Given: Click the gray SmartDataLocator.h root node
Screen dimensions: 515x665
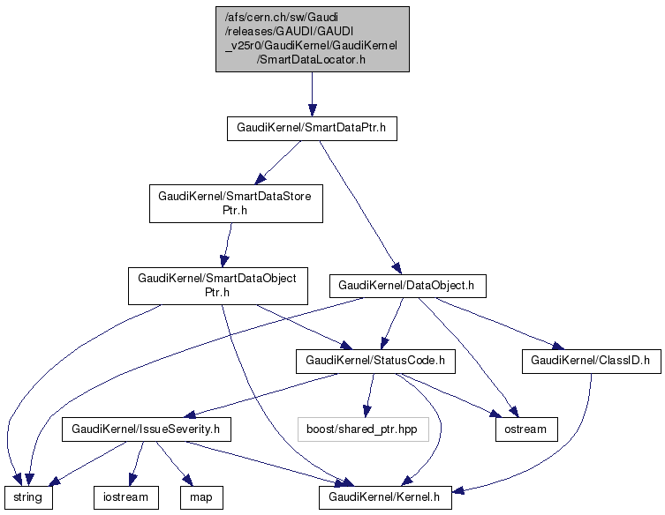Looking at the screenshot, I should pos(312,39).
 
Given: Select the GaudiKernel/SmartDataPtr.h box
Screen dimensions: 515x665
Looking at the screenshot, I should pos(312,129).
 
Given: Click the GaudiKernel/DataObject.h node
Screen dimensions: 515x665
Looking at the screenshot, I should pos(407,286).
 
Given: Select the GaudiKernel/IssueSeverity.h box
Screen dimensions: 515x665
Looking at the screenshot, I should pos(146,429).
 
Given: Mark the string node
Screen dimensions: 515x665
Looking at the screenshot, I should pos(28,497).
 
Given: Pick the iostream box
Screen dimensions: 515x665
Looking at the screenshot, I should pos(126,497).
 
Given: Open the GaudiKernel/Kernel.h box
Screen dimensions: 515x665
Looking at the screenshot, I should pos(386,497).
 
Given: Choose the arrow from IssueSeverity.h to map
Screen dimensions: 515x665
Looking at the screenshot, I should pos(175,463).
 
